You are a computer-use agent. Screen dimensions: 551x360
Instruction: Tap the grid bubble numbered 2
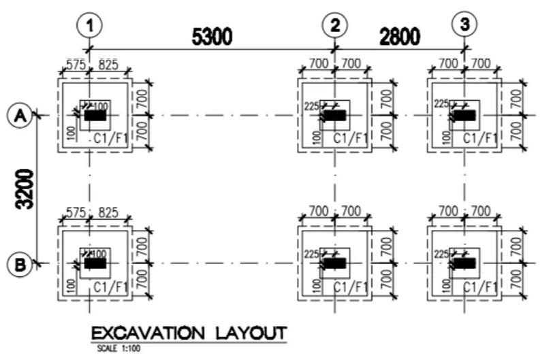334,26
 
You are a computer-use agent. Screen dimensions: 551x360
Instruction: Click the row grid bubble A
20,116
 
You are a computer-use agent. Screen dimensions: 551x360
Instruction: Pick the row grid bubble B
20,263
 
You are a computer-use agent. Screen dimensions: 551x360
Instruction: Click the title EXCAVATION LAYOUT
188,333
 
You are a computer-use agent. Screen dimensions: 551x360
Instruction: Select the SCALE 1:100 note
118,348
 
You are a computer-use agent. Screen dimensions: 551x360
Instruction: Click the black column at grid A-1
95,116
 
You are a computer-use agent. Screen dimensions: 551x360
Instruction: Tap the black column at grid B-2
334,263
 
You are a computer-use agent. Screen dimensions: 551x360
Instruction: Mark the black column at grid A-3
465,116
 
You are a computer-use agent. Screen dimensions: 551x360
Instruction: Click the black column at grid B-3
465,263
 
